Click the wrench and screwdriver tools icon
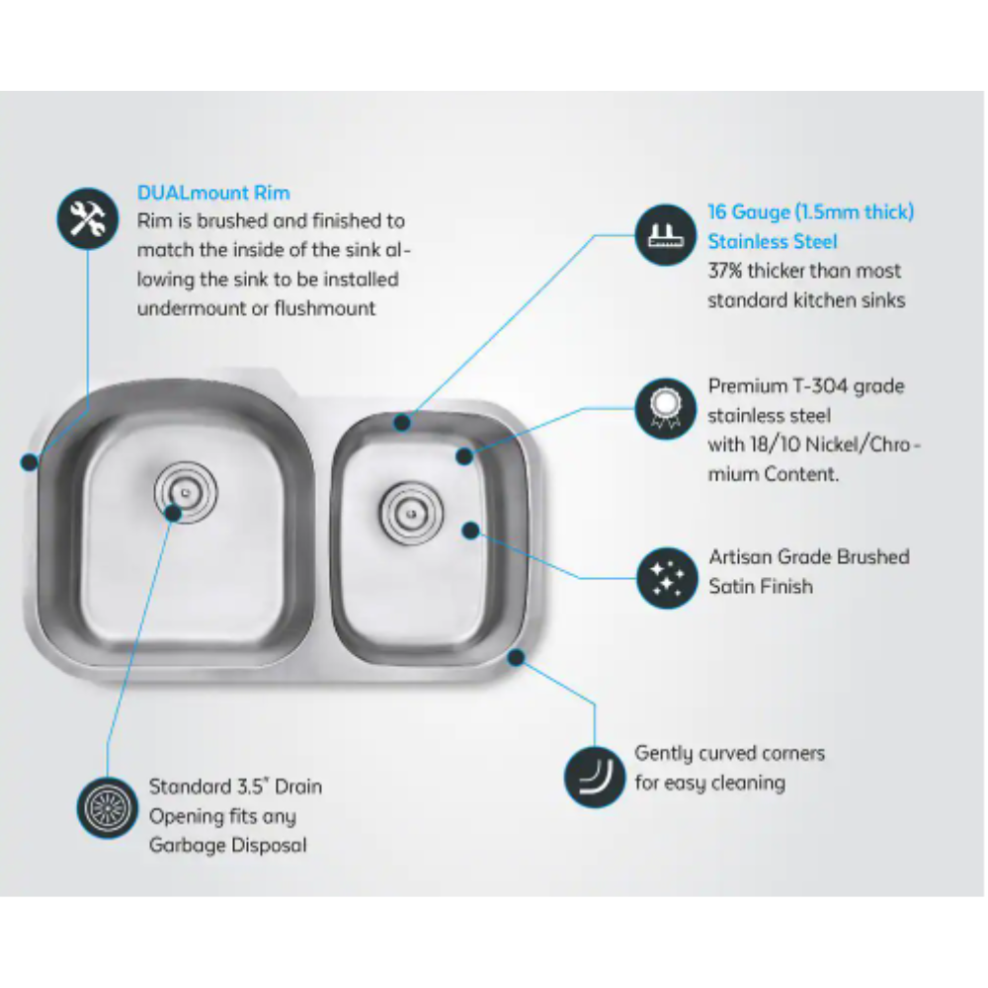click(x=88, y=218)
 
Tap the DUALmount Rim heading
click(x=213, y=193)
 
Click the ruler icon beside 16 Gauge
click(x=665, y=235)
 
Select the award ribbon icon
click(x=665, y=408)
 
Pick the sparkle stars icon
click(x=667, y=578)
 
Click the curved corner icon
click(x=594, y=777)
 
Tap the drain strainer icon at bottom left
click(x=107, y=808)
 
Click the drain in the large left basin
click(x=186, y=493)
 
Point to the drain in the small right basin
click(x=411, y=514)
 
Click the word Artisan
click(x=741, y=557)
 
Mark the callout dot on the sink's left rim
click(x=29, y=462)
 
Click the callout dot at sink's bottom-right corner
click(x=516, y=658)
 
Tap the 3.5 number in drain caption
click(x=250, y=787)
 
